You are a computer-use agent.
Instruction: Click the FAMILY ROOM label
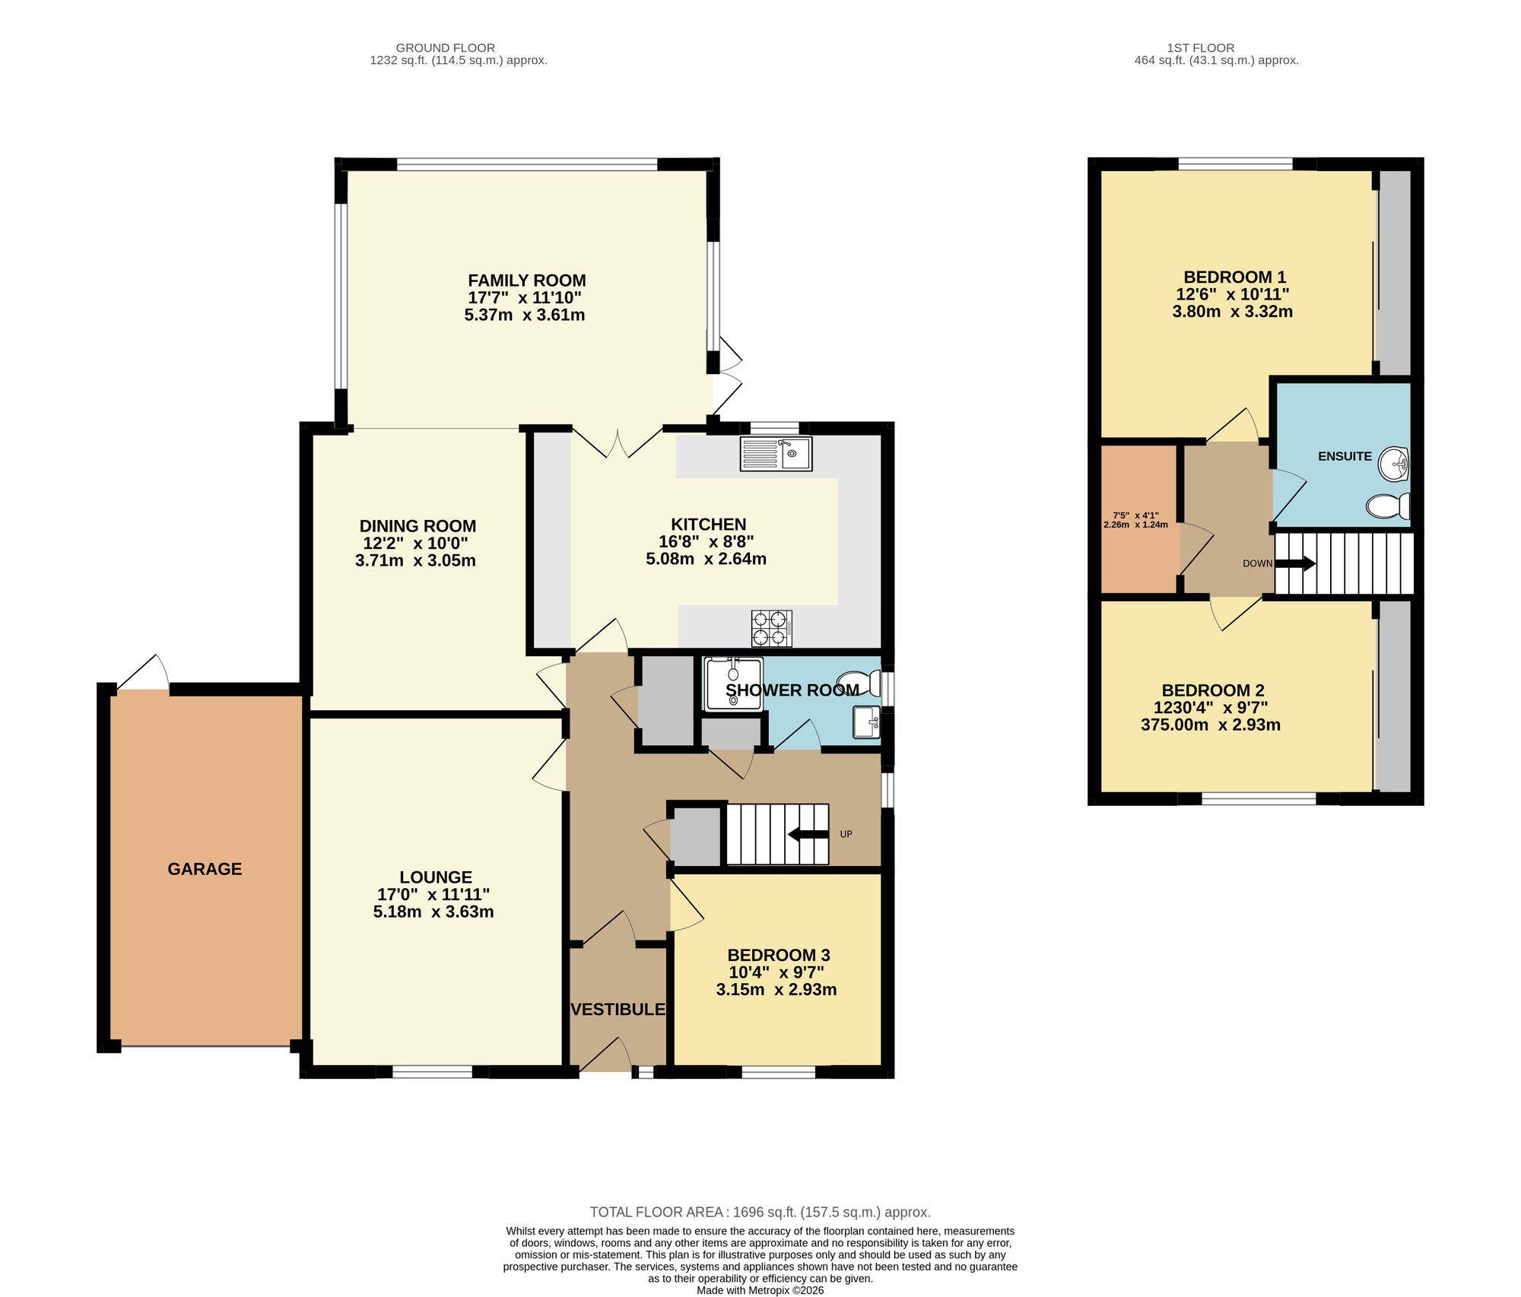(526, 281)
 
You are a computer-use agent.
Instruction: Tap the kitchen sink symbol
(776, 454)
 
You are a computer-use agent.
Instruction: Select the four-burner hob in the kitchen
(771, 628)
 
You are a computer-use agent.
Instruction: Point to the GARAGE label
(205, 869)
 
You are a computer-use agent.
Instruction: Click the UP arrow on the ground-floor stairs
(808, 835)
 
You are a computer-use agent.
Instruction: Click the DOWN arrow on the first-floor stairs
(1294, 563)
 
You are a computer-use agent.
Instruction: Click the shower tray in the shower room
(733, 684)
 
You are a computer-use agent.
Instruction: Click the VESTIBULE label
(618, 1010)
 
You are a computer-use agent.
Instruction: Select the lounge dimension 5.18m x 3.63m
(433, 912)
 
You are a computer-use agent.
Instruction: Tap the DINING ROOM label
(418, 526)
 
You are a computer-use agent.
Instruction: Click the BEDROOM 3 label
(778, 956)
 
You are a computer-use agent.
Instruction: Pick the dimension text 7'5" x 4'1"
(1135, 515)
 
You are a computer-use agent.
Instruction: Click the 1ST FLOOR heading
(1201, 48)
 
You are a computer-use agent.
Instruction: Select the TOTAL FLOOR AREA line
(760, 1213)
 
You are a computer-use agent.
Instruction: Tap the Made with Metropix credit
(760, 1290)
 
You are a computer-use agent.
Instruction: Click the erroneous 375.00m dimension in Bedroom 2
(1173, 725)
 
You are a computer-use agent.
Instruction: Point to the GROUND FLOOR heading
(445, 48)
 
